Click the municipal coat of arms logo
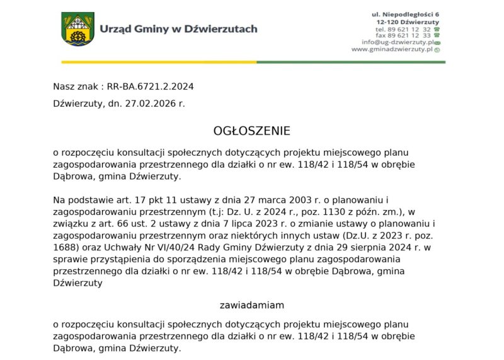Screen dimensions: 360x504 (77, 29)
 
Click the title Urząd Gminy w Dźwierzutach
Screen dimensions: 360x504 (178, 28)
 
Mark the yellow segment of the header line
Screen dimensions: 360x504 (157, 62)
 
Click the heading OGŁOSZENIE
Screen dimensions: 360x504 (252, 131)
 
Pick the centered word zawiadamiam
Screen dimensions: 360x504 (252, 305)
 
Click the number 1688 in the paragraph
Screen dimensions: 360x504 (65, 248)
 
